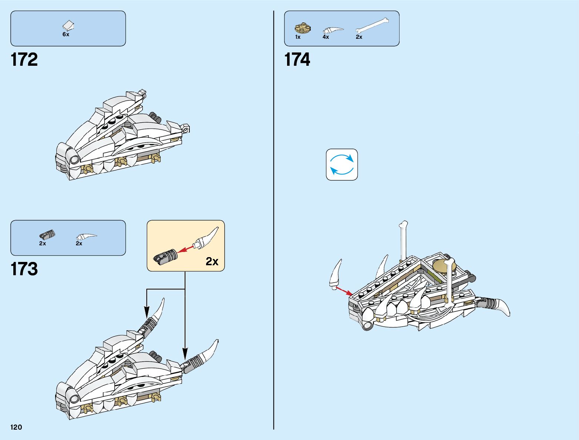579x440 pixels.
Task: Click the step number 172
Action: point(24,59)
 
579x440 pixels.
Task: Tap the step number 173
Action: point(24,269)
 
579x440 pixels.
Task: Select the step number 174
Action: point(297,59)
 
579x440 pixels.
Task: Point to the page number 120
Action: point(16,427)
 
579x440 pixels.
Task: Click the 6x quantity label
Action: point(66,34)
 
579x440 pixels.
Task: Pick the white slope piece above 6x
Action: point(68,25)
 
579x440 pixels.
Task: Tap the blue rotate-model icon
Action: point(342,165)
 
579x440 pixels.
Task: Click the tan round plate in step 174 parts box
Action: point(303,28)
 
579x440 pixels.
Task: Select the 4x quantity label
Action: point(326,37)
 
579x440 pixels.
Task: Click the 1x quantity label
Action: point(298,37)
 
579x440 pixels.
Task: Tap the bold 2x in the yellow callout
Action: point(212,262)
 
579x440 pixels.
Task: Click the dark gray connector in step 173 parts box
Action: point(47,235)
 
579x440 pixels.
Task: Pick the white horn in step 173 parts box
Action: point(86,236)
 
